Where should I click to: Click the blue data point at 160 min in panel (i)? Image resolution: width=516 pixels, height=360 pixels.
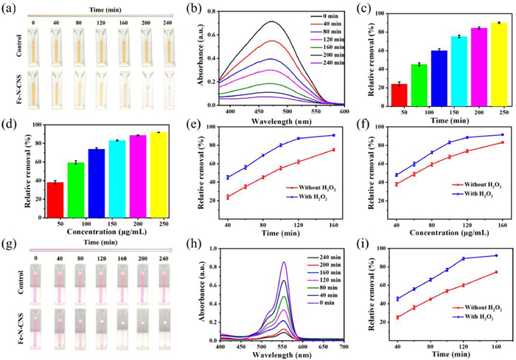click(x=496, y=255)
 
